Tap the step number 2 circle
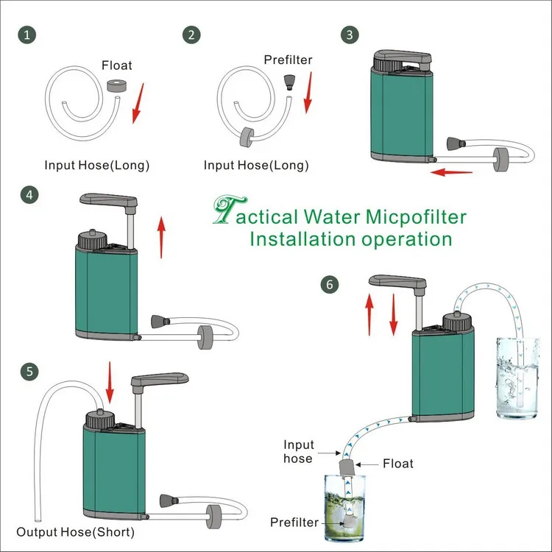click(194, 35)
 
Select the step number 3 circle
click(349, 35)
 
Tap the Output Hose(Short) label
click(76, 531)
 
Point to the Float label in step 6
click(397, 464)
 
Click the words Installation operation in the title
click(350, 239)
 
